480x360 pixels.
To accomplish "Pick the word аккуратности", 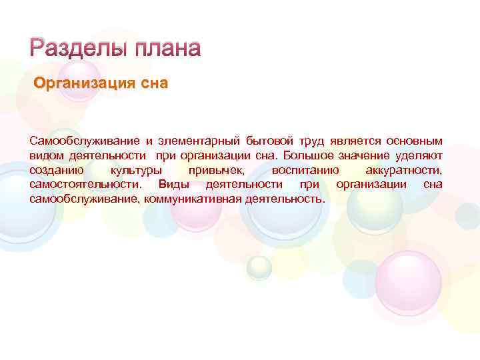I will point(403,171).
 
